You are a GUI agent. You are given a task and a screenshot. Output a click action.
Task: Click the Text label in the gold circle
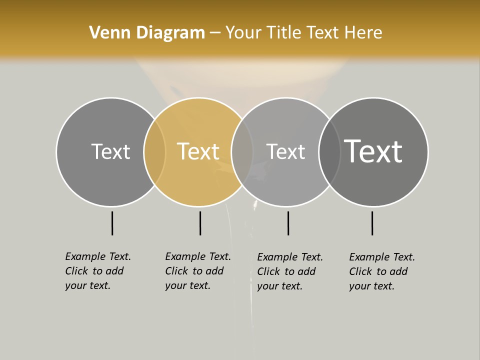pyautogui.click(x=198, y=151)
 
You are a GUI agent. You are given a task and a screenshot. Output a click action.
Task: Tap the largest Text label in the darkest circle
pyautogui.click(x=373, y=151)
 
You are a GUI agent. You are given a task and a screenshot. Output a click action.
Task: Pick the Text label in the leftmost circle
pyautogui.click(x=110, y=151)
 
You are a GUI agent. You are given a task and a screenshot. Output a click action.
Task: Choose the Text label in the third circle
pyautogui.click(x=285, y=151)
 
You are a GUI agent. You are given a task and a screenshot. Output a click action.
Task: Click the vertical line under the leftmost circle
pyautogui.click(x=112, y=223)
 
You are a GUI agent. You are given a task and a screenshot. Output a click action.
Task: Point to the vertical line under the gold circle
pyautogui.click(x=200, y=223)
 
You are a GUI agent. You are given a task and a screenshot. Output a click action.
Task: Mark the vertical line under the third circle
pyautogui.click(x=288, y=223)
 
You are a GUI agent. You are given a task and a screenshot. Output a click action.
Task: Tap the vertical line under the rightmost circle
pyautogui.click(x=372, y=223)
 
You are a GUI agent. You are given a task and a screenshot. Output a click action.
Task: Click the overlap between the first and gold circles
pyautogui.click(x=154, y=151)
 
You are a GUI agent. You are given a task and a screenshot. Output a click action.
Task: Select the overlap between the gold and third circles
pyautogui.click(x=242, y=151)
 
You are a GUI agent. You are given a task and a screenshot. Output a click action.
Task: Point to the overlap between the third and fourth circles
pyautogui.click(x=329, y=151)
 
